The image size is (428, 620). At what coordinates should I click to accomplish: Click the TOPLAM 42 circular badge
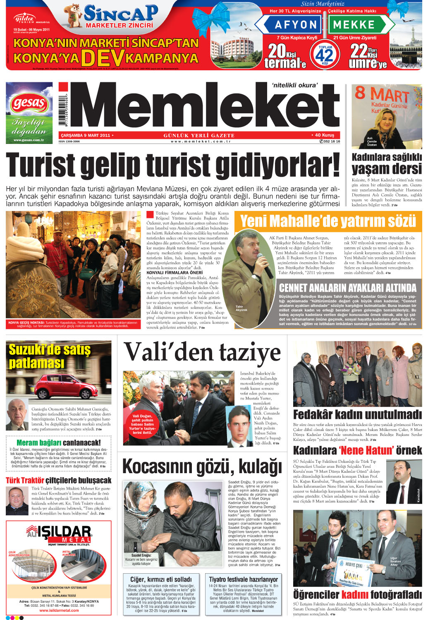(x=325, y=54)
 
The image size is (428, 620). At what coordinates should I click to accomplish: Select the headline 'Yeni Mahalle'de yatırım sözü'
(x=328, y=221)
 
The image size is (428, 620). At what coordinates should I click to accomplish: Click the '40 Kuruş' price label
(x=324, y=135)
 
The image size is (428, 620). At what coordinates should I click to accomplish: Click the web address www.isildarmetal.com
(x=59, y=610)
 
